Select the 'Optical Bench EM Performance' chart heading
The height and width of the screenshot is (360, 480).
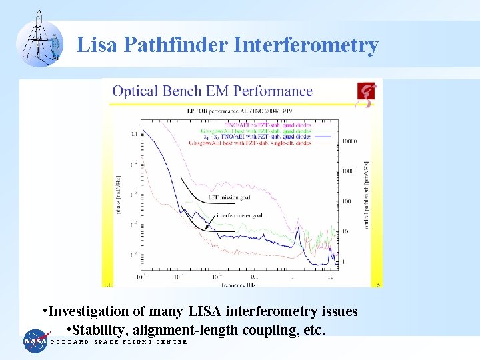click(x=212, y=91)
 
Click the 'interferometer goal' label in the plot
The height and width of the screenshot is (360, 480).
click(x=239, y=216)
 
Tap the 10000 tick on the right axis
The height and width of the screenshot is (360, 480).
click(x=349, y=141)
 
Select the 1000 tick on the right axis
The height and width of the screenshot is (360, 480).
click(x=347, y=171)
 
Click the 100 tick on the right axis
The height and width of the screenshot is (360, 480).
click(x=345, y=201)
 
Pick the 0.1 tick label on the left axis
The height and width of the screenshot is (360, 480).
click(x=134, y=134)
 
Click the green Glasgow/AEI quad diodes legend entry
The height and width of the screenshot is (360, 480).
click(x=250, y=129)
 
